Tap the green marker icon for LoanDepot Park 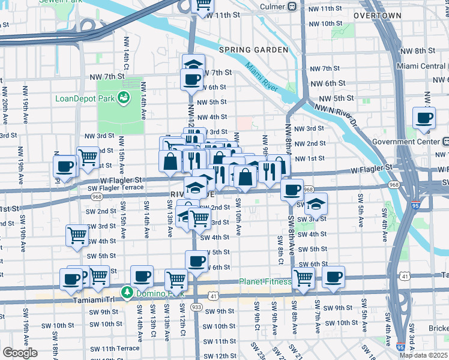coord(125,97)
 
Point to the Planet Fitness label coord(264,281)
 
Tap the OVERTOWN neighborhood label coord(377,14)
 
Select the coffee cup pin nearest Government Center coord(424,117)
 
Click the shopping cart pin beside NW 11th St coord(203,5)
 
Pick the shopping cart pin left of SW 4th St coord(77,235)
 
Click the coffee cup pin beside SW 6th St coord(196,260)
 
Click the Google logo coord(20,353)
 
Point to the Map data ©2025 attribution coord(423,355)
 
